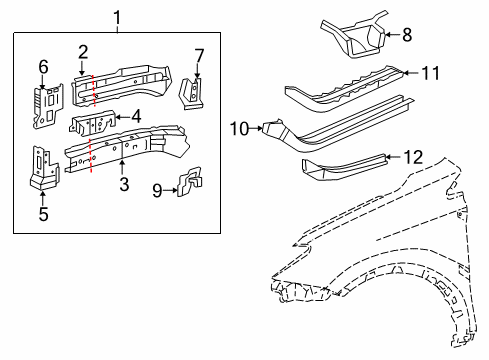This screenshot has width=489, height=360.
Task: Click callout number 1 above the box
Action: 118,16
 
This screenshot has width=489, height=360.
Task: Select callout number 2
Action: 84,52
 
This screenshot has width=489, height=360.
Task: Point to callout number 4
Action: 135,116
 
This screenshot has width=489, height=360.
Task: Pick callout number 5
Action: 42,213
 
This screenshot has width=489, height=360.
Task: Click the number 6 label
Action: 43,67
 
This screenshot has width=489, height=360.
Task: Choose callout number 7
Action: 198,54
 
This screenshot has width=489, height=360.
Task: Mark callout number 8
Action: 406,35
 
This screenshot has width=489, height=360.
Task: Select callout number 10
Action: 240,127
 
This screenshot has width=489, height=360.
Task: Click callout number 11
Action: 429,72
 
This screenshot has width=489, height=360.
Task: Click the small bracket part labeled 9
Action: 187,184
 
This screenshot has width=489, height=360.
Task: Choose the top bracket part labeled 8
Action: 356,34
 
